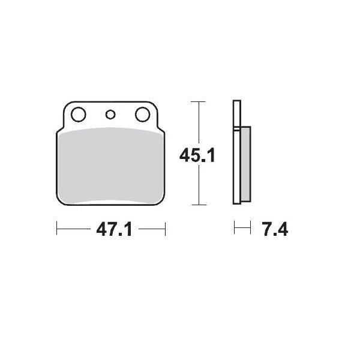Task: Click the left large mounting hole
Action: coord(77,113)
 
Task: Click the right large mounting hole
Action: coord(142,113)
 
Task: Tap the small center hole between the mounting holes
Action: coord(110,114)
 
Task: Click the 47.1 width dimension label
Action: coord(111,229)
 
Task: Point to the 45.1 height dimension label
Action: coord(197,155)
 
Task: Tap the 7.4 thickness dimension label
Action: coord(271,229)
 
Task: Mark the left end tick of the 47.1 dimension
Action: coord(56,228)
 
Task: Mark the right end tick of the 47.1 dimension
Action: coord(165,228)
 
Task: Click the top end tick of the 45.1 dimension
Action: coord(198,103)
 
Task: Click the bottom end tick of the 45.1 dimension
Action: coord(198,204)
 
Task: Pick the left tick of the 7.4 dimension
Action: coord(235,228)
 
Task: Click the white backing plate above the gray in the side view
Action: coord(236,114)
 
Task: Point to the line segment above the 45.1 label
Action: coord(198,123)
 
